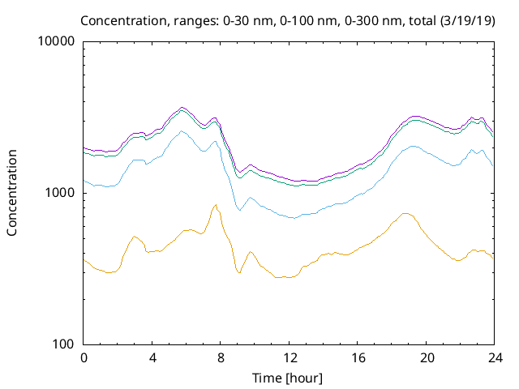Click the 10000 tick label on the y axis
tap(58, 41)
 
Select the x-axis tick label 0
tap(84, 358)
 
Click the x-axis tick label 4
tap(152, 358)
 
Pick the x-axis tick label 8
tap(221, 358)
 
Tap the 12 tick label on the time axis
tap(290, 358)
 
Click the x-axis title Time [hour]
tap(290, 378)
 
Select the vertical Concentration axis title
tap(12, 193)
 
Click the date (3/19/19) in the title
tap(468, 20)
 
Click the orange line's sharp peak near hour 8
tap(216, 204)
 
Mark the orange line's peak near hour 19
tap(405, 213)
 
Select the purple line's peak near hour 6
tap(182, 107)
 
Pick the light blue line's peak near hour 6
tap(182, 130)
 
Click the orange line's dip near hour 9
tap(239, 272)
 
